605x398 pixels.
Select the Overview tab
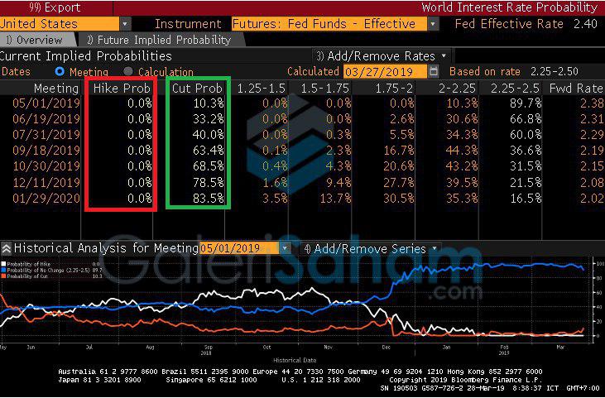coord(34,40)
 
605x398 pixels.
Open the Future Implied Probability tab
coord(158,40)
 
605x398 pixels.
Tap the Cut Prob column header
coord(198,88)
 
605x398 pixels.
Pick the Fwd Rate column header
coord(576,88)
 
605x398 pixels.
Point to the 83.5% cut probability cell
coord(208,199)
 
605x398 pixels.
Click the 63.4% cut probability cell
coord(208,151)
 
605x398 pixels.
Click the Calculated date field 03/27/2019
coord(383,72)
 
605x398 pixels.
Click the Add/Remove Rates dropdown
coord(382,56)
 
